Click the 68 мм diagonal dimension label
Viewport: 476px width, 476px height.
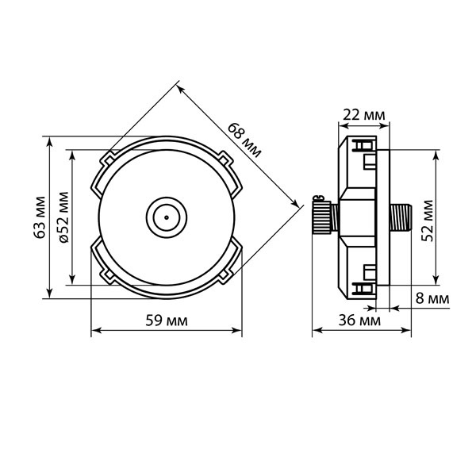coord(244,140)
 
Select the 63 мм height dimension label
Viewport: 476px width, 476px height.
coord(40,217)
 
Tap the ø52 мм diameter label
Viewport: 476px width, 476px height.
coord(63,217)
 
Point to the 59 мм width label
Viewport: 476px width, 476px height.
coord(167,321)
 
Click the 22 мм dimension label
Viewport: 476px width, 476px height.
coord(363,115)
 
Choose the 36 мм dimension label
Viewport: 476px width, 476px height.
coord(359,321)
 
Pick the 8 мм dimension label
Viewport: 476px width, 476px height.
coord(432,298)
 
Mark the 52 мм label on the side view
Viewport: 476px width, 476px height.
coord(428,221)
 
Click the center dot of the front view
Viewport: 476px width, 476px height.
coord(167,217)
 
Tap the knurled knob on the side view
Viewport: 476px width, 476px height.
coord(322,217)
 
